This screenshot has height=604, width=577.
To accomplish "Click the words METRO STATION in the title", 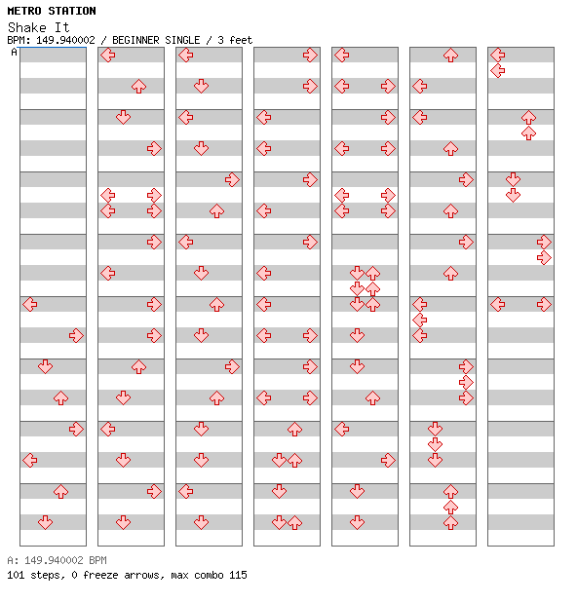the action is (x=52, y=11).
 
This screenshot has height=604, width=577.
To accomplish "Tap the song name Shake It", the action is (x=39, y=27).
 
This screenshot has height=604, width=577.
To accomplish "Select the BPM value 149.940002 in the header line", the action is (x=65, y=40).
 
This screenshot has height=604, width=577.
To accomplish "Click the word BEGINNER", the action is (x=135, y=40).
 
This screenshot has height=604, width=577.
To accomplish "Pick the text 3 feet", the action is (x=235, y=40).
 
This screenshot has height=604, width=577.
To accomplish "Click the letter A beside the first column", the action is (x=14, y=52).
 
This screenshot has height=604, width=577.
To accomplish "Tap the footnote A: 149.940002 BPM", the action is (x=58, y=560).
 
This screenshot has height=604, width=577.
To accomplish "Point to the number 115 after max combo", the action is (x=238, y=575).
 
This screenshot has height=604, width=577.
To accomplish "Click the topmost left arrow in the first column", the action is (x=30, y=304).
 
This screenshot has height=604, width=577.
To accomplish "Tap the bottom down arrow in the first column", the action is (x=46, y=522).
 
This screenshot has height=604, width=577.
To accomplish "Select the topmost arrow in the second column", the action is (x=108, y=56).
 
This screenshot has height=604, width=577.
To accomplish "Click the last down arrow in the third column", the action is (x=201, y=522).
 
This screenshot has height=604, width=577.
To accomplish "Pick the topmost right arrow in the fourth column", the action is (x=310, y=56).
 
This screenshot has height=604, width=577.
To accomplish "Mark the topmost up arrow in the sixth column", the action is (x=450, y=56).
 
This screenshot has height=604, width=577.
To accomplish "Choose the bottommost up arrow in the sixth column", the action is (x=450, y=522).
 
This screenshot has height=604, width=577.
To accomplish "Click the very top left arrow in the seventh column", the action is (x=498, y=56).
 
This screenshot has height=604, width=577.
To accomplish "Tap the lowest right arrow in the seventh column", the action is (x=544, y=304).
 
